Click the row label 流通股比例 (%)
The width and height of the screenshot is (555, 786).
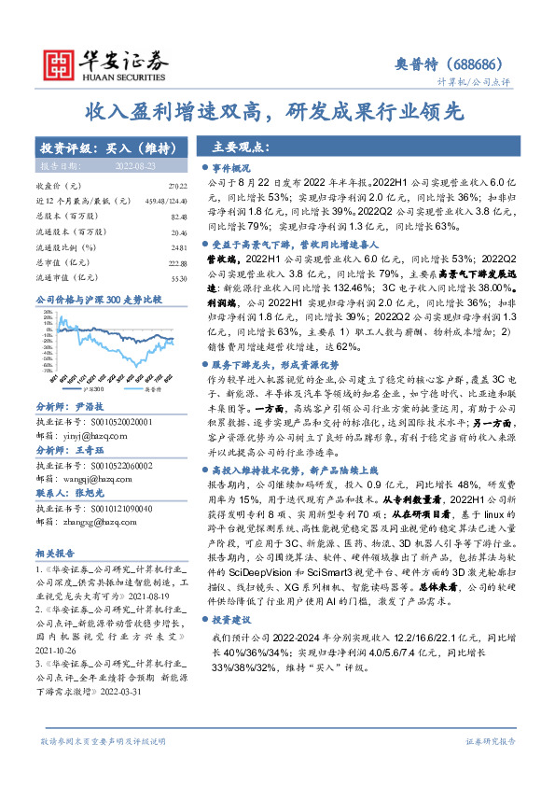[x=66, y=246]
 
